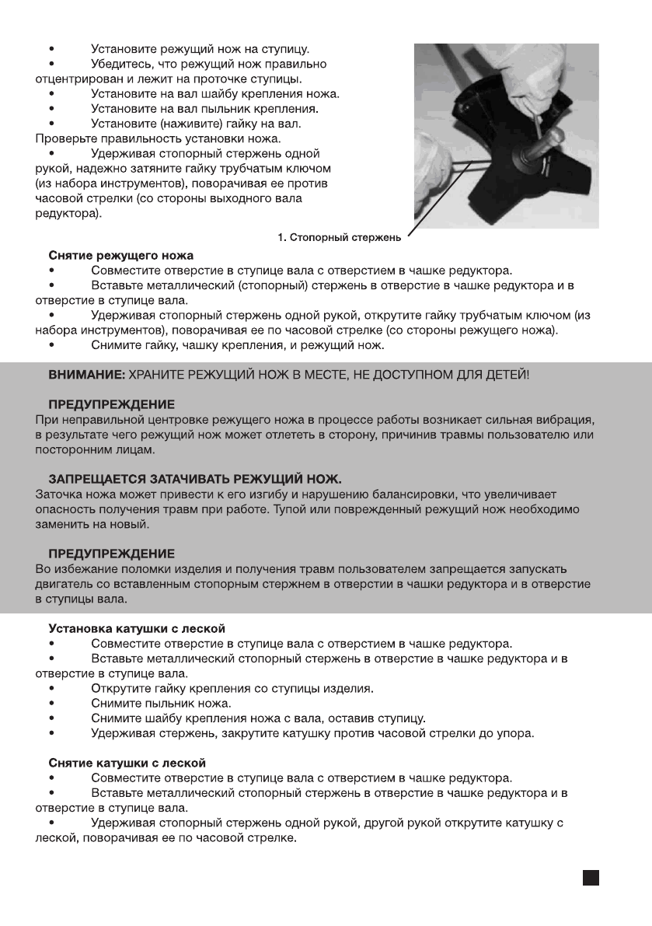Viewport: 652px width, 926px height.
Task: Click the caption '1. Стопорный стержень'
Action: point(339,237)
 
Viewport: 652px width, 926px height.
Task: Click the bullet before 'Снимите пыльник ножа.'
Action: point(51,704)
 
